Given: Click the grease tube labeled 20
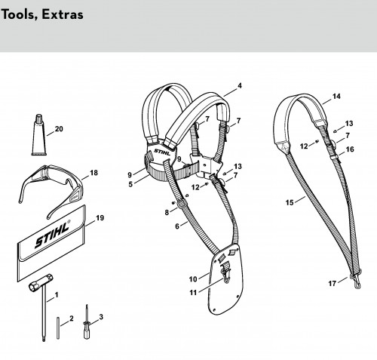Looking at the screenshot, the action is click(x=39, y=136).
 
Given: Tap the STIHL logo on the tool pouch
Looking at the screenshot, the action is click(x=52, y=234).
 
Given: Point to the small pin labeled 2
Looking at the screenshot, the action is click(x=58, y=328).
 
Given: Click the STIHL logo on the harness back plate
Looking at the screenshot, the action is click(x=162, y=152).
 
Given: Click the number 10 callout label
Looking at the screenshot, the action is click(x=193, y=279).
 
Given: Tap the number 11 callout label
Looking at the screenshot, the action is click(x=193, y=293).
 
